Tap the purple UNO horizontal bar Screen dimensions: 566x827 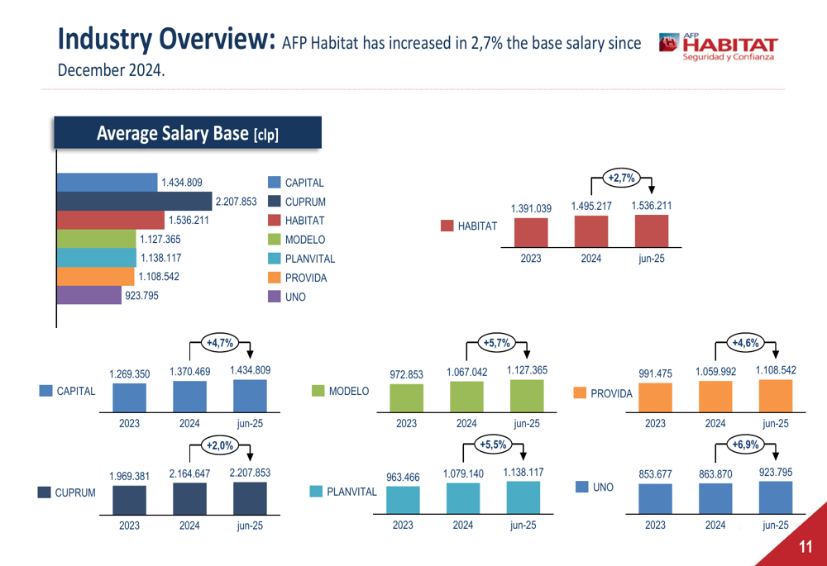coord(89,295)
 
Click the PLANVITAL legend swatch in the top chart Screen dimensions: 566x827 coord(275,259)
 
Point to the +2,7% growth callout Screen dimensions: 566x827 coord(621,178)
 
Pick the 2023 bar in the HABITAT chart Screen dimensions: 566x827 coord(530,233)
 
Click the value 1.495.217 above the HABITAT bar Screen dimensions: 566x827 coord(590,206)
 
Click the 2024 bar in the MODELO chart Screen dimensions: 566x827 coord(466,397)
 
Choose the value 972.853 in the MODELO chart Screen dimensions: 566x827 coord(406,374)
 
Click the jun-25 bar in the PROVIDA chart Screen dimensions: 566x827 coord(775,396)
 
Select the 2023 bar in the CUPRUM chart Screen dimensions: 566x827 coord(129,499)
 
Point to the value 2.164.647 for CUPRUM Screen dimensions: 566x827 coord(189,473)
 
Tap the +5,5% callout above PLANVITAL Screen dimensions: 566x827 coord(493,445)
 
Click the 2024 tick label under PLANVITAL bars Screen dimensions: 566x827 coord(462,526)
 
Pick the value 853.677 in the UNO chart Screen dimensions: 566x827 coord(655,473)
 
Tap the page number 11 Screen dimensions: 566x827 coord(805,546)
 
